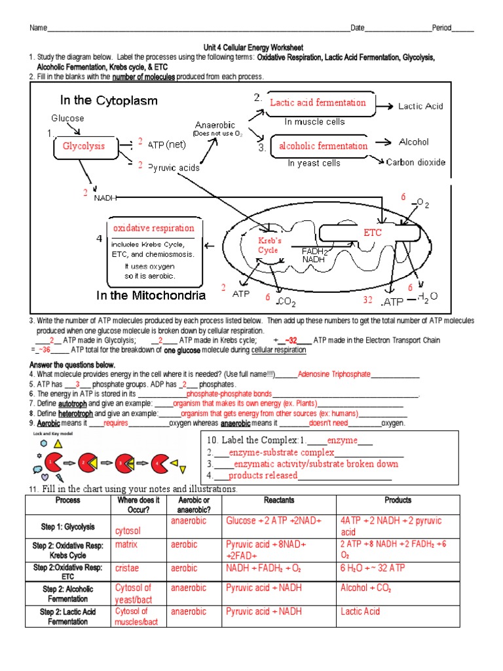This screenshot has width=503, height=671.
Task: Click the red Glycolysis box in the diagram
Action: pos(83,146)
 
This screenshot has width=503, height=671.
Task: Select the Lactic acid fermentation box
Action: pos(318,103)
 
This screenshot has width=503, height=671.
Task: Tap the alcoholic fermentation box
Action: pos(323,146)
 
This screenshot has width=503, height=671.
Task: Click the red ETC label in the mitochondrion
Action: pos(373,233)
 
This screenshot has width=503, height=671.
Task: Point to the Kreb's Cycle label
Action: pos(269,246)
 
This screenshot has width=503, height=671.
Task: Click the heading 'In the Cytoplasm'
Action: pos(109,100)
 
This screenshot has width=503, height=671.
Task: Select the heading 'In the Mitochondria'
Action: pos(151,295)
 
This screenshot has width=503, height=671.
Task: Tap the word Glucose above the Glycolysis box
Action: pos(67,118)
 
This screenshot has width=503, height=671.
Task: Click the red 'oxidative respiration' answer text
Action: pos(154,228)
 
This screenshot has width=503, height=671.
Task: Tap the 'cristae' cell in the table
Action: pos(127,568)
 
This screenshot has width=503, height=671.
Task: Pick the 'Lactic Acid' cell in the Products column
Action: pos(360,611)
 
